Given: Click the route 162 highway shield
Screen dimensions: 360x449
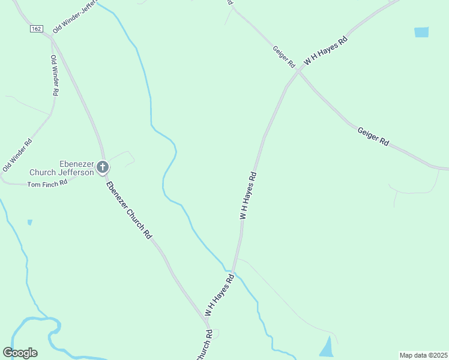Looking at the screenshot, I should (x=37, y=28).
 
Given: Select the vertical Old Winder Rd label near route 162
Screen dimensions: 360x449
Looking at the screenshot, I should (x=55, y=76).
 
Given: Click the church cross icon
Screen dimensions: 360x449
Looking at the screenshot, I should (x=103, y=166).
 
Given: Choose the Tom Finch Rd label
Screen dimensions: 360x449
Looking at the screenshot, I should (x=47, y=183).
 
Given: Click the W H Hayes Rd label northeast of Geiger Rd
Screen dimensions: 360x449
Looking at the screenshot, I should (x=326, y=51).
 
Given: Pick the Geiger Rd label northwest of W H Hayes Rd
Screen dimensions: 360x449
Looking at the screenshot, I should (x=284, y=56).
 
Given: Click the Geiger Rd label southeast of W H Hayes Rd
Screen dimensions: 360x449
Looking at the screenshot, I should (x=373, y=137).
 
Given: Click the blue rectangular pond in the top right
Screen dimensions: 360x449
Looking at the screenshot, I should (x=421, y=32).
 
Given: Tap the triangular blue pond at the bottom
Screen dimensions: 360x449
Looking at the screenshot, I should (x=326, y=347).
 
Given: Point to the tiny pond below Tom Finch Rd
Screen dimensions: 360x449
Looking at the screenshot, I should (x=30, y=223).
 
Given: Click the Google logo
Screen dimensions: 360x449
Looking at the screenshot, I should (x=20, y=352).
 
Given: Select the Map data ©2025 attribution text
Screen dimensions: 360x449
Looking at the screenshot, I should (x=423, y=355).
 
